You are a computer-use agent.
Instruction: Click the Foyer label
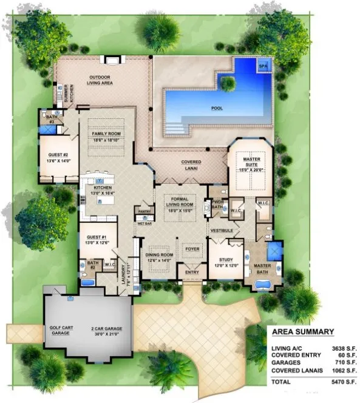point(192,248)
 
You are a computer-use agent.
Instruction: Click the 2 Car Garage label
point(105,331)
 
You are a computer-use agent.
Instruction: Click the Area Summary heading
point(302,332)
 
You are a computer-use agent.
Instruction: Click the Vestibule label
point(222,231)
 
